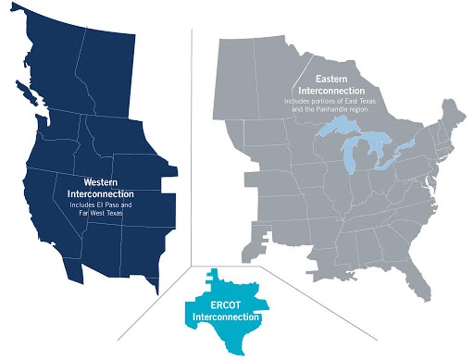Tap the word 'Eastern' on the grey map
pos(332,79)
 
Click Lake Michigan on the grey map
pos(348,156)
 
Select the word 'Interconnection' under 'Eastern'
pos(332,91)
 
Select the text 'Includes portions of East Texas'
pos(330,101)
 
